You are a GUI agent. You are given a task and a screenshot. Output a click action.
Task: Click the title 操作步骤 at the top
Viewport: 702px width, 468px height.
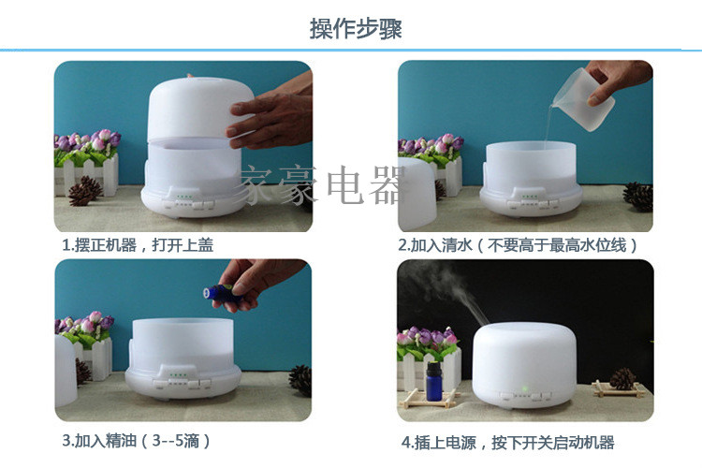(356, 29)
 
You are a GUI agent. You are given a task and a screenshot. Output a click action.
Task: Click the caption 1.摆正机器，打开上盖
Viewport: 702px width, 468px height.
(138, 245)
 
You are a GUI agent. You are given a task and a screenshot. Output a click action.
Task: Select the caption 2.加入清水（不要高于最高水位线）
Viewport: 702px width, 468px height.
(518, 245)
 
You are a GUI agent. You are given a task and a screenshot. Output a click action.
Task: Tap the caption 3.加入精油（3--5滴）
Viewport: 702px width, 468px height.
(136, 441)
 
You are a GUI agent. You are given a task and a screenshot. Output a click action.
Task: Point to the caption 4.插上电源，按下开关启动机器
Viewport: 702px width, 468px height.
(507, 443)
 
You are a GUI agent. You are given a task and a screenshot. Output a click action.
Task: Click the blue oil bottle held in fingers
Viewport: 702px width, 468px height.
(220, 294)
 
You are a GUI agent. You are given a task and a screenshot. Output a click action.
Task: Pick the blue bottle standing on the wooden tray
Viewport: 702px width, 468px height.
(433, 381)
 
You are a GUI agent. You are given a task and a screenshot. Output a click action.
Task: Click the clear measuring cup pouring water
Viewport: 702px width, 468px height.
(583, 99)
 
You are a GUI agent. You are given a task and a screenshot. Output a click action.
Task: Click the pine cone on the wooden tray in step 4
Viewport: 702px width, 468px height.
(622, 379)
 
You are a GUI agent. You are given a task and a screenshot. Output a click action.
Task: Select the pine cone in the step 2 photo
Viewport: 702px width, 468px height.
(638, 197)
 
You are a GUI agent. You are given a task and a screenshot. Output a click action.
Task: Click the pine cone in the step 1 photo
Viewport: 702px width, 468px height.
(85, 191)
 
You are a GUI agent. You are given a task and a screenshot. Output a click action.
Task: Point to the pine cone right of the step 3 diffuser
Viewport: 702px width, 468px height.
(300, 380)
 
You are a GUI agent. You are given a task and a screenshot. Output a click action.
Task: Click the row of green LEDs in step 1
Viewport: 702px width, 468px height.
(184, 197)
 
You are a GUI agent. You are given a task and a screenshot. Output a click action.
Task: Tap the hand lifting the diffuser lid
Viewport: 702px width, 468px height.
(271, 115)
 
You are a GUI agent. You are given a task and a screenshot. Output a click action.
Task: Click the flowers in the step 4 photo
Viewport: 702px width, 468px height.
(427, 342)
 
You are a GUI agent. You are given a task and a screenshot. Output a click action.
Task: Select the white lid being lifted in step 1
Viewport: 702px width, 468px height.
(200, 109)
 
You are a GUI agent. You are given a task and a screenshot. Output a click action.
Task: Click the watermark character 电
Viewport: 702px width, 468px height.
(345, 185)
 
